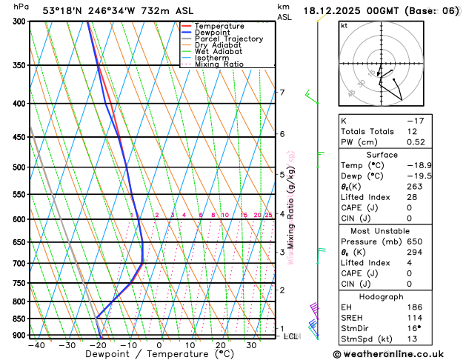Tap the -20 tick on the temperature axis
[x=98, y=345]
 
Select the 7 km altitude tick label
[x=282, y=93]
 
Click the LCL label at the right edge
[x=290, y=336]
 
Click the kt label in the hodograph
[x=344, y=25]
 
